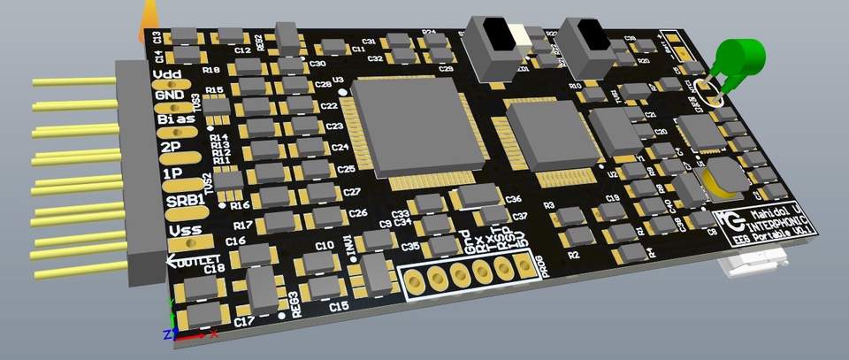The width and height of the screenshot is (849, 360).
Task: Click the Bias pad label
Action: (x=176, y=119)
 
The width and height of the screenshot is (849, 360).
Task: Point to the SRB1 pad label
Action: (x=186, y=202)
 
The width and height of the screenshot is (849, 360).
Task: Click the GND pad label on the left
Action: (x=169, y=96)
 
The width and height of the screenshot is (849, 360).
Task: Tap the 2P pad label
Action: (x=172, y=147)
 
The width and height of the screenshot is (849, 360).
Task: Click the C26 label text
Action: (x=358, y=213)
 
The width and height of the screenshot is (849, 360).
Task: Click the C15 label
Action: (x=339, y=307)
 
